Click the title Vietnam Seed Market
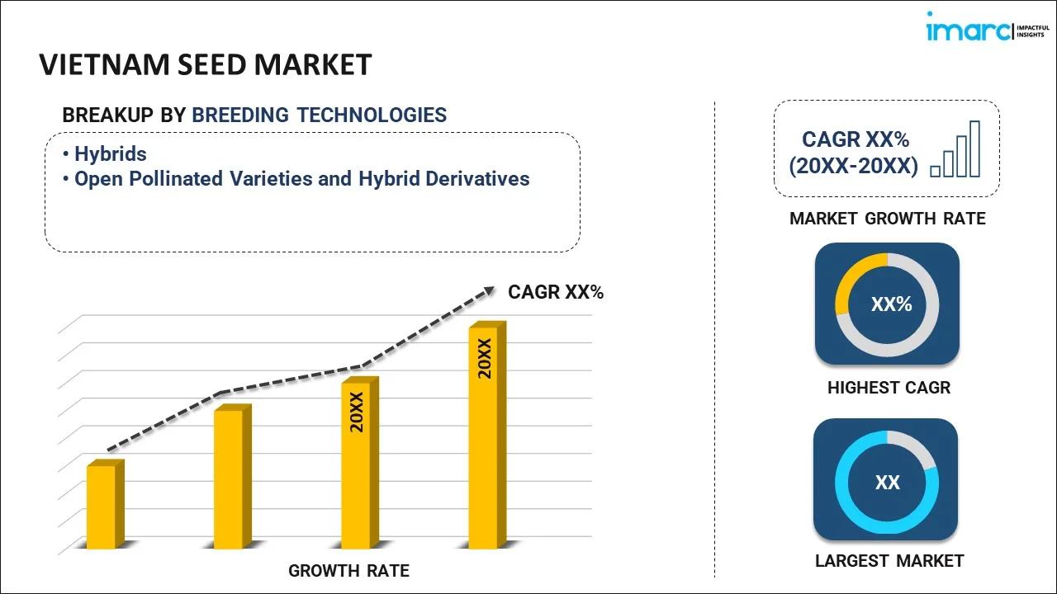pos(206,64)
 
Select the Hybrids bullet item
pos(110,153)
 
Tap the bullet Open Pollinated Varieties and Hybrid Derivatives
pos(301,178)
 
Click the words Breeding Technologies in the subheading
pos(319,115)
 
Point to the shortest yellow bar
pos(102,507)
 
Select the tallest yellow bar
pos(484,437)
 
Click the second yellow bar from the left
pos(229,478)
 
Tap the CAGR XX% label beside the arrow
pos(556,292)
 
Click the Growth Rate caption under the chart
pos(348,570)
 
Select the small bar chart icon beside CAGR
pos(955,150)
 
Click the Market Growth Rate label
pos(888,219)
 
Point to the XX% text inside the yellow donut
pos(891,304)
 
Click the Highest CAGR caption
pos(889,387)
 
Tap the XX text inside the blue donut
pos(887,483)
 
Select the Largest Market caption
pos(889,561)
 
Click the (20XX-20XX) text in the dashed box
pos(853,166)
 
